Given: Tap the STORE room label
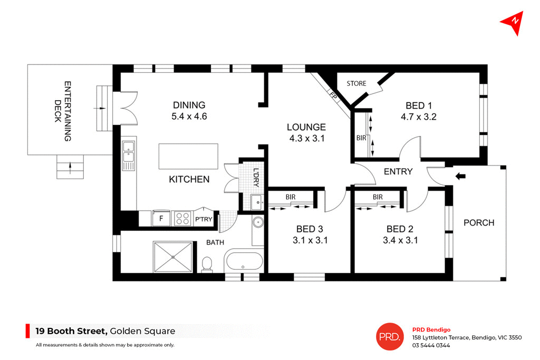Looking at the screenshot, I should click(356, 83).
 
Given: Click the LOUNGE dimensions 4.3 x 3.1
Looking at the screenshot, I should click(306, 139).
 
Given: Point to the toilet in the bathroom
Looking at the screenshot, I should click(207, 263).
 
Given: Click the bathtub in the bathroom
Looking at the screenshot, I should click(243, 261).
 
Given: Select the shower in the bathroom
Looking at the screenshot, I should click(173, 257).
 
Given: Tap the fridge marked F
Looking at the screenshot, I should click(160, 218).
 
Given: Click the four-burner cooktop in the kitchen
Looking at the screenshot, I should click(182, 218).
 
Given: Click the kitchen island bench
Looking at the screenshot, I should click(188, 156).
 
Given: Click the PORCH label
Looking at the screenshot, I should click(479, 223).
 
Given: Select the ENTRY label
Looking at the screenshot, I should click(398, 171).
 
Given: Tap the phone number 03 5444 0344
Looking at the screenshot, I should click(431, 346).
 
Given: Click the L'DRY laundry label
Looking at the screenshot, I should click(256, 177).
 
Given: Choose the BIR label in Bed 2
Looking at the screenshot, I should click(377, 197).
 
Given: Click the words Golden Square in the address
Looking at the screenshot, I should click(142, 332).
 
